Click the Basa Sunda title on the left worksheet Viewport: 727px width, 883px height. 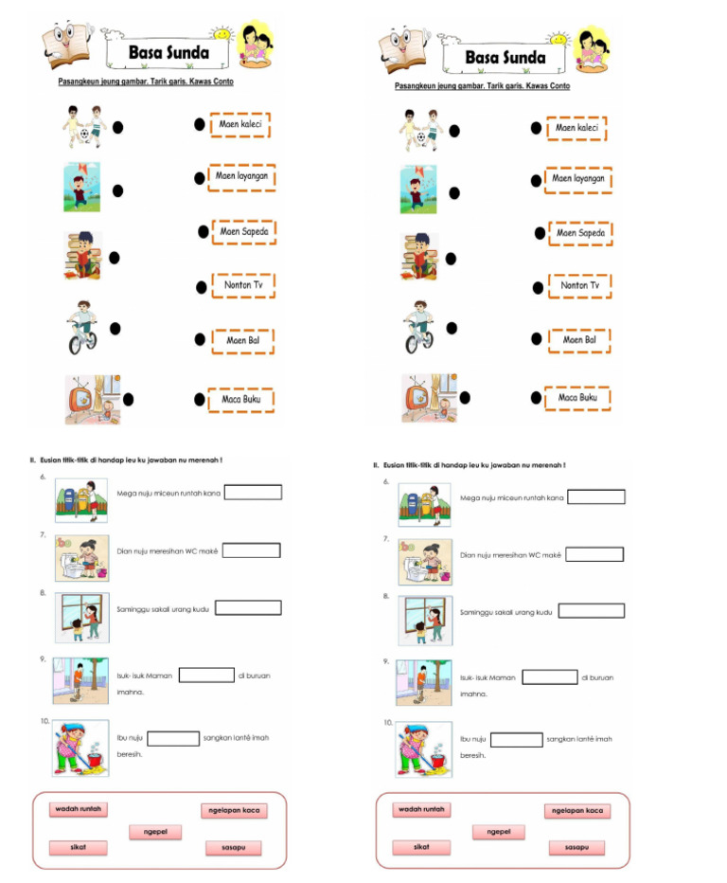pyautogui.click(x=168, y=53)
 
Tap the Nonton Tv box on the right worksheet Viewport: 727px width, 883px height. pyautogui.click(x=579, y=285)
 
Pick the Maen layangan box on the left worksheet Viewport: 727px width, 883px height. pyautogui.click(x=241, y=176)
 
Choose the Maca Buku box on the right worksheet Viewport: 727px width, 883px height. pyautogui.click(x=577, y=398)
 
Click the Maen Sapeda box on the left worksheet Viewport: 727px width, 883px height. pyautogui.click(x=244, y=231)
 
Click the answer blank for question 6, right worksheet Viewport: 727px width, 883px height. pyautogui.click(x=595, y=496)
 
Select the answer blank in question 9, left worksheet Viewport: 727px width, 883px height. pyautogui.click(x=206, y=676)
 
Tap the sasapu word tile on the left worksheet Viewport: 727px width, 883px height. pyautogui.click(x=233, y=848)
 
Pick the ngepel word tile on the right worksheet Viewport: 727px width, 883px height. pyautogui.click(x=499, y=832)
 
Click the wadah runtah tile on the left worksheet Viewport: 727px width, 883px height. pyautogui.click(x=79, y=810)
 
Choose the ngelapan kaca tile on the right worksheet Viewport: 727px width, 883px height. pyautogui.click(x=576, y=811)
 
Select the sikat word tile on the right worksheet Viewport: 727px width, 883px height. pyautogui.click(x=421, y=847)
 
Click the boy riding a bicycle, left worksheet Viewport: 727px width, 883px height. pyautogui.click(x=82, y=327)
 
